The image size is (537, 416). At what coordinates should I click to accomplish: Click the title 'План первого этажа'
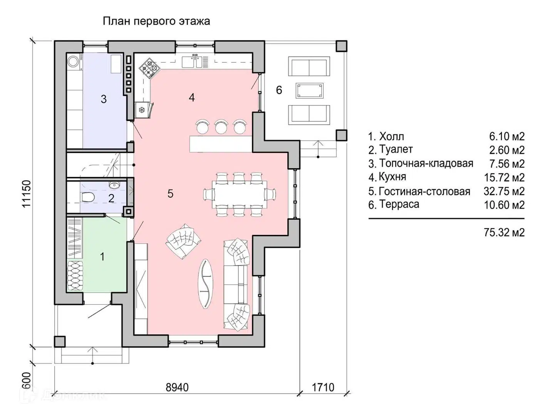pyautogui.click(x=156, y=21)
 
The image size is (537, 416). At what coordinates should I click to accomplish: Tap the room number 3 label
pyautogui.click(x=104, y=99)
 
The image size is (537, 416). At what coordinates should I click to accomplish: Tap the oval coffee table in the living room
pyautogui.click(x=206, y=284)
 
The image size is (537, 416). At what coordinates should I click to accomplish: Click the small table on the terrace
pyautogui.click(x=309, y=91)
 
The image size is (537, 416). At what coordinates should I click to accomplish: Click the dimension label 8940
pyautogui.click(x=177, y=387)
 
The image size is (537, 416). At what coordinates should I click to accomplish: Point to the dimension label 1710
pyautogui.click(x=323, y=387)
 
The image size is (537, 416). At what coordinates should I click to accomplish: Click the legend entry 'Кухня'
pyautogui.click(x=392, y=177)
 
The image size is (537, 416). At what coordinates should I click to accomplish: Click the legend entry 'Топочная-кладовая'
pyautogui.click(x=426, y=163)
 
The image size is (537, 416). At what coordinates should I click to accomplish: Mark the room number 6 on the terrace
pyautogui.click(x=279, y=90)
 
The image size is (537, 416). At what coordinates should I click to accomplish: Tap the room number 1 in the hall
pyautogui.click(x=102, y=256)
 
